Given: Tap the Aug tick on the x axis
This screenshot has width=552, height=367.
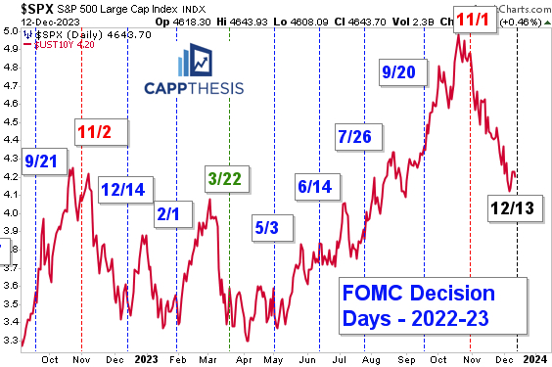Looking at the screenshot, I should [x=370, y=358].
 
